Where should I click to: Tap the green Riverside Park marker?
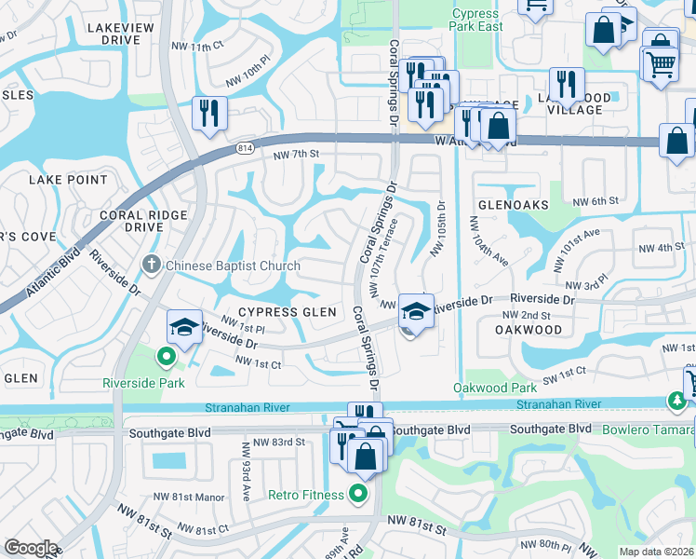[166, 355]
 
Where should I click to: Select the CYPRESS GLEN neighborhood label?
[280, 312]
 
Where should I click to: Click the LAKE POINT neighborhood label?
[68, 179]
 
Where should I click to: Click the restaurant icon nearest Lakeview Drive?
[209, 114]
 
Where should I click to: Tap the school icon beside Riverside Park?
[184, 327]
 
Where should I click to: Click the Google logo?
[31, 548]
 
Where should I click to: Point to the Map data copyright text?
[656, 552]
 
